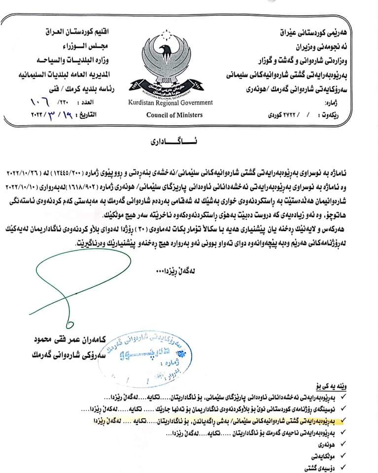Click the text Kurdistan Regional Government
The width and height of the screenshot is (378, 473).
point(171,102)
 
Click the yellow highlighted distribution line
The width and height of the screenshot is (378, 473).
point(222,421)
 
